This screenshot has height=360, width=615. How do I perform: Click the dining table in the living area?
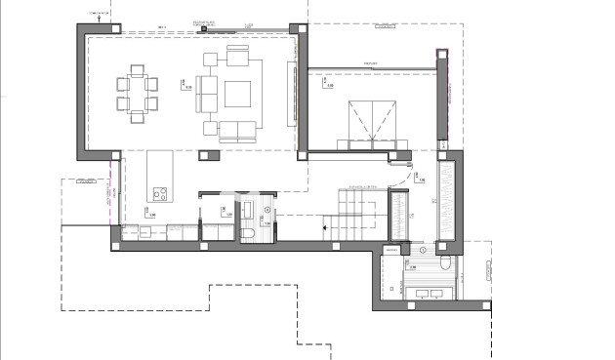(138, 92)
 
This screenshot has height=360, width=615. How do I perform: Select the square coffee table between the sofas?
(238, 93)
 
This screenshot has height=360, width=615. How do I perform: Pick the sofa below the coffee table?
(237, 129)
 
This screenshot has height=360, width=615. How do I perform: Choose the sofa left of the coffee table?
(208, 93)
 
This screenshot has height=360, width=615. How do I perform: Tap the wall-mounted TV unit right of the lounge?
(289, 93)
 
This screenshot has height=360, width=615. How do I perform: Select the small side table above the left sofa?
(209, 60)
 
